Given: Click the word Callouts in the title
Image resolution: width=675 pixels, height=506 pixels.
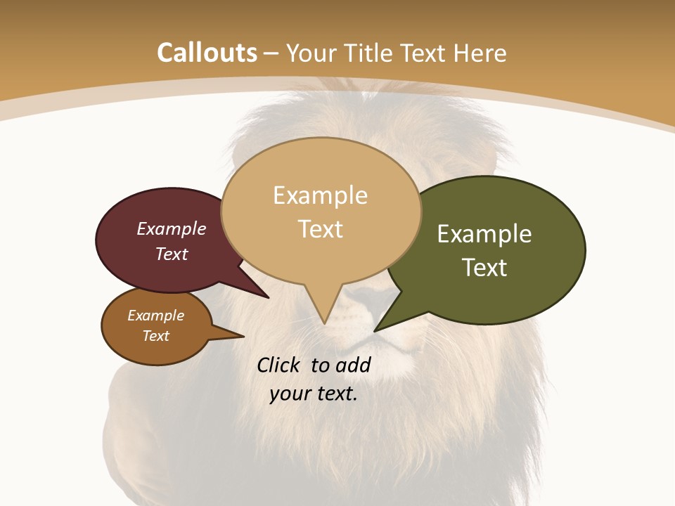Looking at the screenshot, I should point(207,53).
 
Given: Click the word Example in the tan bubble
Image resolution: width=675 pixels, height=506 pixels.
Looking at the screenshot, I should point(320,195).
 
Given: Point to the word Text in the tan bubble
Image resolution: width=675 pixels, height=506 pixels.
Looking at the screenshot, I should point(320,229).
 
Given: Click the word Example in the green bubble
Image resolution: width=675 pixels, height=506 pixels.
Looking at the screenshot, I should point(484,234).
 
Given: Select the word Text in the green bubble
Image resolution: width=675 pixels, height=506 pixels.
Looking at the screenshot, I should point(484,268).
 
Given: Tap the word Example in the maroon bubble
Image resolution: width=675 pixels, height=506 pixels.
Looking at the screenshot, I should point(172,228).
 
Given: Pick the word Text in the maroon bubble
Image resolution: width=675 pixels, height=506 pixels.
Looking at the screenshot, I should point(172,254).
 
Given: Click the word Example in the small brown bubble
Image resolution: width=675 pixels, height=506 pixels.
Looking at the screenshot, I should point(156,316).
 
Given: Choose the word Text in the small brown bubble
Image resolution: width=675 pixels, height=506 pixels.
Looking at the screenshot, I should point(156,336).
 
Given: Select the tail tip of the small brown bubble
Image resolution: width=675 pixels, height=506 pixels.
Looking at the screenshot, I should point(243,337).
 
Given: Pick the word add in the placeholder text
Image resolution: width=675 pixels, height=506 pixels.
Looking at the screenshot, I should point(353,365).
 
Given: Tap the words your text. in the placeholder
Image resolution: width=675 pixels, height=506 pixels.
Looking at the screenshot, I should point(314,394).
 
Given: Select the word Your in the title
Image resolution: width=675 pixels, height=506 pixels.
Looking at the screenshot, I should point(312,53).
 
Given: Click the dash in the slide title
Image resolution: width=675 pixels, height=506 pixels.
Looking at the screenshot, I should point(272,53).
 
